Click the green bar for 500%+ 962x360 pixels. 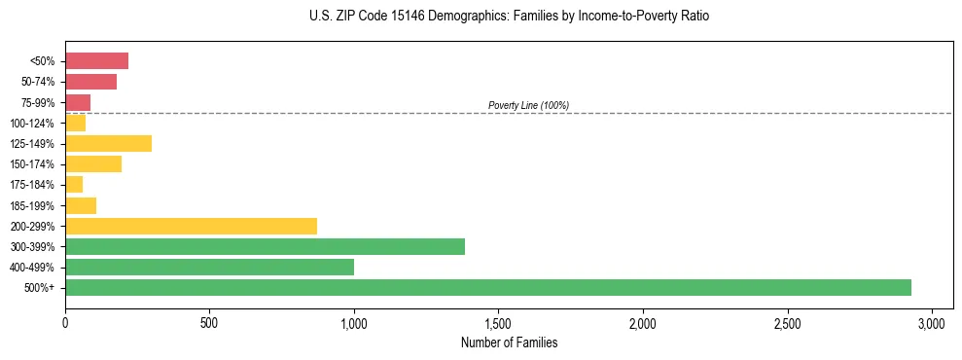click(487, 287)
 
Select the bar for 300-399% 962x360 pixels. click(265, 246)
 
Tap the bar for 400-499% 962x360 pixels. click(209, 267)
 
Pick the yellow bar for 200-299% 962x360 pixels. click(191, 226)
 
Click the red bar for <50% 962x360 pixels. click(96, 61)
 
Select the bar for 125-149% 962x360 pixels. click(108, 144)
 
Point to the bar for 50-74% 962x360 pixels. click(90, 82)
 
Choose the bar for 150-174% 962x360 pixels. click(93, 164)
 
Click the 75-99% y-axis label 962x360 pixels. click(38, 103)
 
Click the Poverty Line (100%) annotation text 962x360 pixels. click(528, 105)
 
